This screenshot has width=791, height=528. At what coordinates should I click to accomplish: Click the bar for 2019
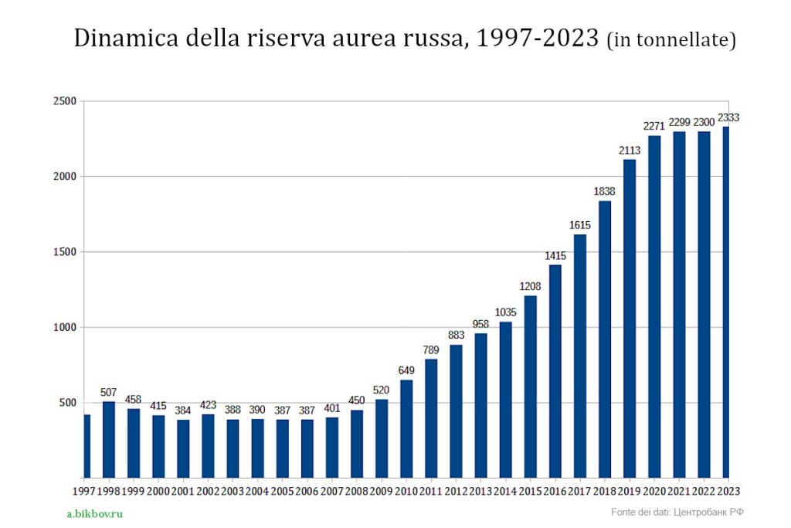[x=630, y=318]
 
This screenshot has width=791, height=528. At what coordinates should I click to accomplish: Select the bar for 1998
[x=109, y=439]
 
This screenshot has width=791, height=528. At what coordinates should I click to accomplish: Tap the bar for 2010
[x=406, y=428]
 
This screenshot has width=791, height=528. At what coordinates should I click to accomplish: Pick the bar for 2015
[x=530, y=387]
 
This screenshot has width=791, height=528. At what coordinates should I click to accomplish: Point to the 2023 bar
[x=725, y=301]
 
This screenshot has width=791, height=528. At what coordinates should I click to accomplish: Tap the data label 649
[x=406, y=370]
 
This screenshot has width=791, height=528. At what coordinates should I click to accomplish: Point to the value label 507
[x=109, y=392]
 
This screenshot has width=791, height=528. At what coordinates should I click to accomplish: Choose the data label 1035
[x=505, y=312]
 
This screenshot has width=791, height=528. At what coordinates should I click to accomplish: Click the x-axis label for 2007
[x=332, y=490]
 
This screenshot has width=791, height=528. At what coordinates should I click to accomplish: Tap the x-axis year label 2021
[x=679, y=490]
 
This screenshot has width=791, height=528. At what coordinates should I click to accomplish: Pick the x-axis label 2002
[x=208, y=490]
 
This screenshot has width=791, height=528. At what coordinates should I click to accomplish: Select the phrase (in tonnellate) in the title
[x=670, y=40]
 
